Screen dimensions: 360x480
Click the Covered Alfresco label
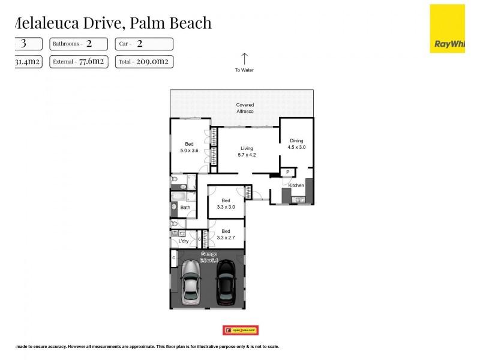pyautogui.click(x=244, y=108)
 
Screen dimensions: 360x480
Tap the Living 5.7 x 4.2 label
pyautogui.click(x=247, y=151)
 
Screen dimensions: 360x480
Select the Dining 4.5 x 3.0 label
pyautogui.click(x=296, y=144)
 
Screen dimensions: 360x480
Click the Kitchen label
pyautogui.click(x=296, y=185)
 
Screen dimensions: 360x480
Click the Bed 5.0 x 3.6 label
pyautogui.click(x=189, y=147)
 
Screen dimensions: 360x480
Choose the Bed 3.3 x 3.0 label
pyautogui.click(x=226, y=204)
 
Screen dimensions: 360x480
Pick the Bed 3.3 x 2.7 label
pyautogui.click(x=226, y=235)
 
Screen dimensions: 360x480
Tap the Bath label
pyautogui.click(x=185, y=208)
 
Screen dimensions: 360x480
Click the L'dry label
pyautogui.click(x=183, y=241)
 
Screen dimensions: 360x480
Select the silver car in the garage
pyautogui.click(x=191, y=283)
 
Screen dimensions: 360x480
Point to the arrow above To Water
pyautogui.click(x=244, y=59)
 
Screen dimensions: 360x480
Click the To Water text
pyautogui.click(x=244, y=70)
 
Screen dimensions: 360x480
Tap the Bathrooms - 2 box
pyautogui.click(x=79, y=44)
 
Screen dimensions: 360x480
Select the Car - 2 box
pyautogui.click(x=144, y=44)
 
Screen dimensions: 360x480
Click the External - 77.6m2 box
pyautogui.click(x=79, y=61)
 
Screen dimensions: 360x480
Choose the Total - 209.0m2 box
pyautogui.click(x=144, y=61)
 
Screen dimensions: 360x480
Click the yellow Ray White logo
pyautogui.click(x=448, y=29)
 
